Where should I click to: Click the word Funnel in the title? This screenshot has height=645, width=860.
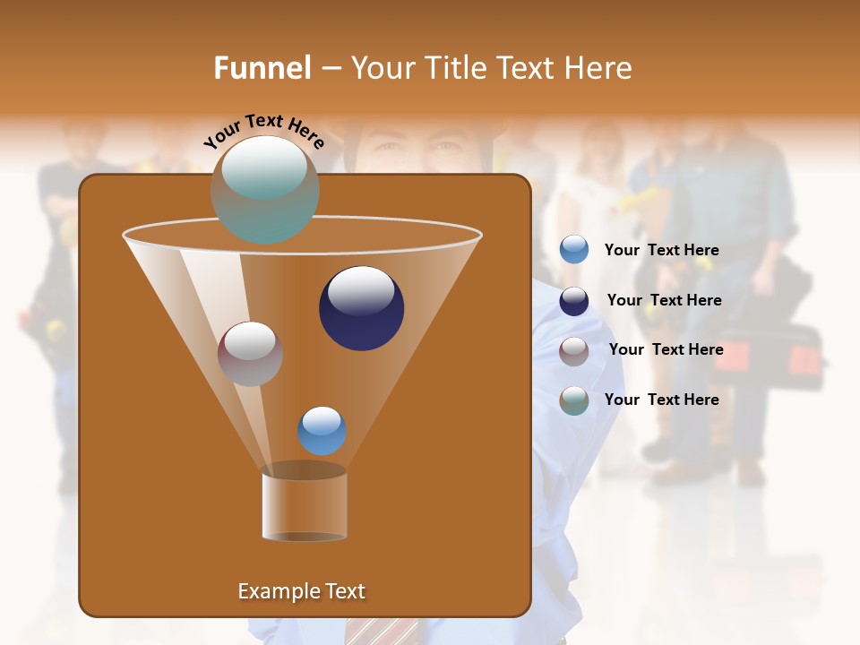262,68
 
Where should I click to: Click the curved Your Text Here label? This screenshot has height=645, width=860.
263,131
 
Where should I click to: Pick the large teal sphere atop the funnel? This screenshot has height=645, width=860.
264,189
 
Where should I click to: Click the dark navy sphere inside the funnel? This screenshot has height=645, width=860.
361,307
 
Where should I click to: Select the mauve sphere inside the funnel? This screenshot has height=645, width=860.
250,353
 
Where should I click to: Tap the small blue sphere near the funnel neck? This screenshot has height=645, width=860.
322,430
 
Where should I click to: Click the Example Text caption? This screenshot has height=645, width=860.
301,591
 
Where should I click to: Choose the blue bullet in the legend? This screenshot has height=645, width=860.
574,250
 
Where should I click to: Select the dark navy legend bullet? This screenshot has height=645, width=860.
574,301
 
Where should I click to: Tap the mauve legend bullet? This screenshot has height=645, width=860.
574,350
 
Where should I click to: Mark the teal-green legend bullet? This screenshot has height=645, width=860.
574,400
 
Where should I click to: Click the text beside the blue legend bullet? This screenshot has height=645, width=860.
661,250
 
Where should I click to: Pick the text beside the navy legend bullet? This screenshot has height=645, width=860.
664,300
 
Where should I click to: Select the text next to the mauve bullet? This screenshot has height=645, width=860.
666,349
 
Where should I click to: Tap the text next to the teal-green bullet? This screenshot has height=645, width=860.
661,400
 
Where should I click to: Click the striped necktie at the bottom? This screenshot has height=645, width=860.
377,631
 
